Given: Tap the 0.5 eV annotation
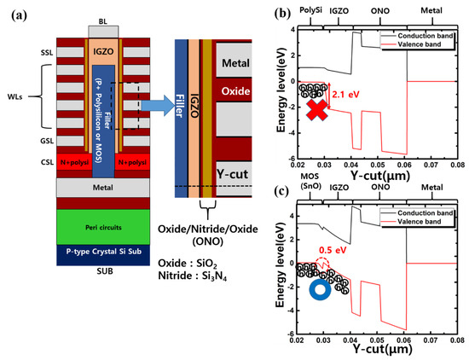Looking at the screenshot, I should (329, 250).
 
